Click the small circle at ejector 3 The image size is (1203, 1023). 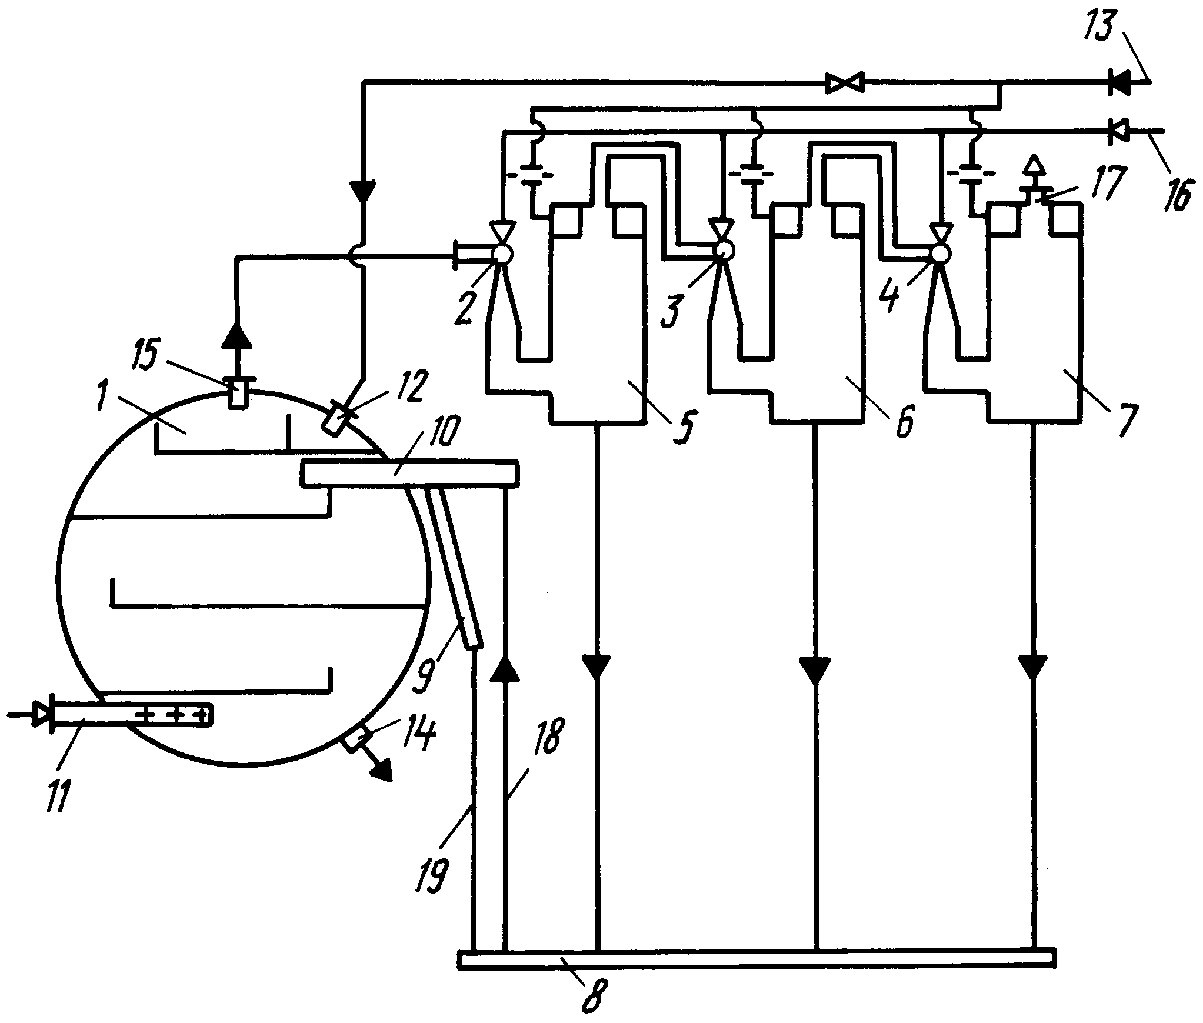[723, 251]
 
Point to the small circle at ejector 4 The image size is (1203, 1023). [940, 254]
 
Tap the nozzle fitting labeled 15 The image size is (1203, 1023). [238, 392]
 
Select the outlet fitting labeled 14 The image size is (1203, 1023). [356, 738]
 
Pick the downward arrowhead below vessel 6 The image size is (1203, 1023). [815, 670]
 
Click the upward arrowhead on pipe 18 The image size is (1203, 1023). [505, 669]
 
